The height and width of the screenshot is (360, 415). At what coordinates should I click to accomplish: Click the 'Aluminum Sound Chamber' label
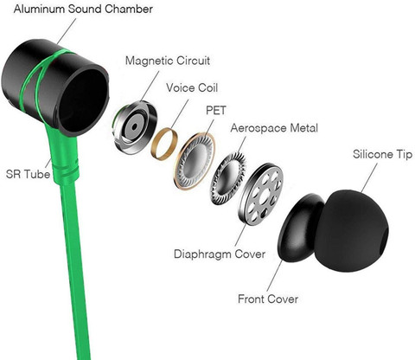point(83,9)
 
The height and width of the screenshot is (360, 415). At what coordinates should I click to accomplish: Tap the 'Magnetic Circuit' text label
point(168,61)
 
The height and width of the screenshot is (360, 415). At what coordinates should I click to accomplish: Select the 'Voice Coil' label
point(192,87)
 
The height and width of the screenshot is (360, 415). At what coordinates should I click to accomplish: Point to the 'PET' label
point(216,110)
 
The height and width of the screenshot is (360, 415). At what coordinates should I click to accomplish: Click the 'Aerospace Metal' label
point(274,128)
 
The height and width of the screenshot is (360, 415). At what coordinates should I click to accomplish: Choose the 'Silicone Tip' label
point(383,154)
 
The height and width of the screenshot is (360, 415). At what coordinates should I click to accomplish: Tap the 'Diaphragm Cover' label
point(220,254)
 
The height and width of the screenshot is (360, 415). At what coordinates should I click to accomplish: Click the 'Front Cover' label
point(268,299)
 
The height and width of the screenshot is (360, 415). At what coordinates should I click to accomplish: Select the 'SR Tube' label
point(28,174)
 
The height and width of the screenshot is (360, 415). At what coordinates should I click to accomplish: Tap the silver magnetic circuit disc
point(134,127)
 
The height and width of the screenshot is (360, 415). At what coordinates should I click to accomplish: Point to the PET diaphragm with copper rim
point(195,161)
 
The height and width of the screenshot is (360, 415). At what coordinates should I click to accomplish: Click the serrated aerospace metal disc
point(228,179)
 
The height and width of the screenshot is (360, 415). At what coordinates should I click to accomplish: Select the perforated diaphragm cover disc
point(261,194)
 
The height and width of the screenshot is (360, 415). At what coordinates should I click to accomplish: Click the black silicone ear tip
point(352,231)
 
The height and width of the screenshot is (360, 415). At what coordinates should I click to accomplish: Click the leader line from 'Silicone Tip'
point(369,177)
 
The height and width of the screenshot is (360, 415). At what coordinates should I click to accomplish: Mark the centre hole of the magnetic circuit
point(135,126)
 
